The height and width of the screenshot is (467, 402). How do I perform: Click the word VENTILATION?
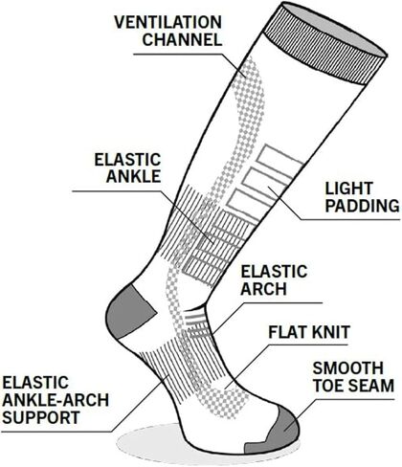[167, 22]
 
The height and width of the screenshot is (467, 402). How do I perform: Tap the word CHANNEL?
[182, 39]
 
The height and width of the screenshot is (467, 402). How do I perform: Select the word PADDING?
[362, 206]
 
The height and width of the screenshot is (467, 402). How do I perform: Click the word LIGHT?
[349, 189]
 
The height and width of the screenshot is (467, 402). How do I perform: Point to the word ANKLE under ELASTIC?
[133, 176]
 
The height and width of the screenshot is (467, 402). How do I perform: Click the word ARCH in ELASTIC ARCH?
[263, 289]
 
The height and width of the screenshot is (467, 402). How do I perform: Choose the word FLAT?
[288, 332]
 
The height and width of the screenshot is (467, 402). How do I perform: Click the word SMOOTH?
[347, 368]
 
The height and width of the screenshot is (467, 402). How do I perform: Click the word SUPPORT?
[41, 417]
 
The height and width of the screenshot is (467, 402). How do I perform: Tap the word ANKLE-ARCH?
[56, 400]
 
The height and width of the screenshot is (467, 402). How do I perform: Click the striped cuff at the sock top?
[325, 44]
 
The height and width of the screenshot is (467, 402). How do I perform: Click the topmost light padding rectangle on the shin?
[279, 159]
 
